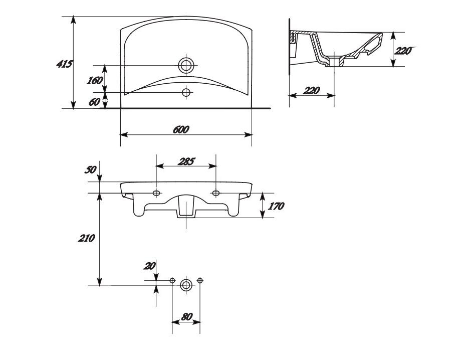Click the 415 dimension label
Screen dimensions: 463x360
64,64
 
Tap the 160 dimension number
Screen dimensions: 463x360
95,80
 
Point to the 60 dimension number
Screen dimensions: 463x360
94,102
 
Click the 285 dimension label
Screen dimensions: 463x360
186,161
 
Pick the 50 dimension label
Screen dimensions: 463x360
90,169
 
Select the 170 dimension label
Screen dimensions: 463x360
276,206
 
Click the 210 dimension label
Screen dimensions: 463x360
86,238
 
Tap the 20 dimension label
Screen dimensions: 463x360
149,266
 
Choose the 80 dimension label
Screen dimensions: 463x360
186,317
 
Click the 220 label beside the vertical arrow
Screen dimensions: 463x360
403,51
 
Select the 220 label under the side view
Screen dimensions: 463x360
311,90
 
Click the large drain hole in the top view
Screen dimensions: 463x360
186,65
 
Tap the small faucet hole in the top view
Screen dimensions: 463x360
186,93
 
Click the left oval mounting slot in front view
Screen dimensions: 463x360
156,193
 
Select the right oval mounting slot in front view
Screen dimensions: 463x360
216,193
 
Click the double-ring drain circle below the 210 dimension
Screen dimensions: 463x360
186,285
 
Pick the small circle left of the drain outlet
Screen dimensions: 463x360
172,280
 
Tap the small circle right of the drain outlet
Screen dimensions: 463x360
200,280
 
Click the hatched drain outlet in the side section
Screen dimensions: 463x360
335,62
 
